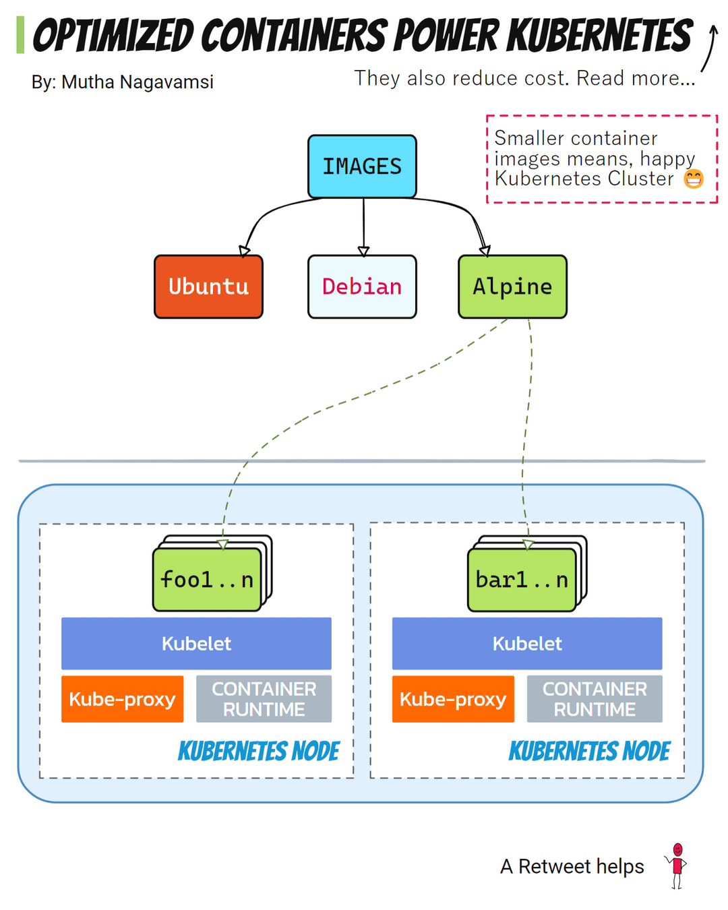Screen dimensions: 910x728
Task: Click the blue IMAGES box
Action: (x=362, y=166)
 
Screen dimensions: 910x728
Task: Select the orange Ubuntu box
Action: (x=208, y=286)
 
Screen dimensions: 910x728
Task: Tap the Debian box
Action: (x=362, y=286)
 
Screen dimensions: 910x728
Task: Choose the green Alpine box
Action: (x=512, y=286)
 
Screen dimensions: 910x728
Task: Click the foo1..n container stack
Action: (x=208, y=579)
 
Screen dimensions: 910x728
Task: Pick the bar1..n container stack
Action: (x=522, y=579)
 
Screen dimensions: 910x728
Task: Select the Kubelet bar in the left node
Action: (x=196, y=643)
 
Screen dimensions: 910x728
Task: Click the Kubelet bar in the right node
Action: (x=527, y=643)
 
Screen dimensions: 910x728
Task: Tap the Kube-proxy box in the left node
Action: (x=122, y=699)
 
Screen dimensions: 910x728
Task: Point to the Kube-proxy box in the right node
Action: (x=453, y=699)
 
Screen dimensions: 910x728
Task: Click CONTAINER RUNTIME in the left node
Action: (x=264, y=699)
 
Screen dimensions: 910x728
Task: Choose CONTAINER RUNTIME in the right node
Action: (x=595, y=699)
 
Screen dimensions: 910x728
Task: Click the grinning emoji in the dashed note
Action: (x=694, y=179)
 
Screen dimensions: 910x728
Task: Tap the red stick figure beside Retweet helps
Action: (x=677, y=866)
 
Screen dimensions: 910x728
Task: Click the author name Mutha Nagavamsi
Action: (x=137, y=82)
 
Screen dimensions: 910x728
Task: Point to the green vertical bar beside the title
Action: (x=20, y=35)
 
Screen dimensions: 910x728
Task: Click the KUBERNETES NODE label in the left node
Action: (x=258, y=751)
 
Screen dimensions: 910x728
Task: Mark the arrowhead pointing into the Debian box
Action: (x=363, y=251)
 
